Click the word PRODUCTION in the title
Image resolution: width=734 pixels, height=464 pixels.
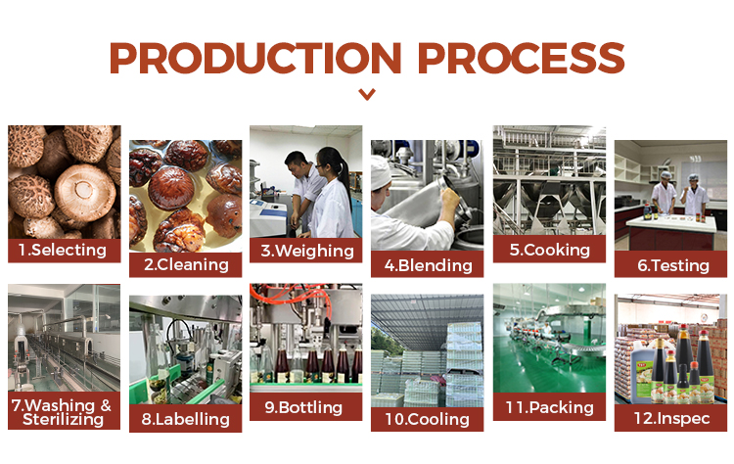(x=255, y=58)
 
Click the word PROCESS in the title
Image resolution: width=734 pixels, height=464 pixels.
(x=522, y=58)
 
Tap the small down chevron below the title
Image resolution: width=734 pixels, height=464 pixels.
(x=367, y=94)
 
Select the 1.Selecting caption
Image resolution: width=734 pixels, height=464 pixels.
(x=63, y=250)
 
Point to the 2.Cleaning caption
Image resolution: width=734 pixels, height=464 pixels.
(x=186, y=265)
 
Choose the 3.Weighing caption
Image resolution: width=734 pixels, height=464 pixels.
(x=307, y=251)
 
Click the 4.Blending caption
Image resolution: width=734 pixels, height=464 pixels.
(x=428, y=265)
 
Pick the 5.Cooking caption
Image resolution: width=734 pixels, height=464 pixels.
(x=550, y=250)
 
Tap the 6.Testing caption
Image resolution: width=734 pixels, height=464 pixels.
(x=672, y=265)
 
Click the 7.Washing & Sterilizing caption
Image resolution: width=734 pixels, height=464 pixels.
(x=62, y=412)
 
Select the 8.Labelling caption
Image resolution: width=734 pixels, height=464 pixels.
(x=185, y=419)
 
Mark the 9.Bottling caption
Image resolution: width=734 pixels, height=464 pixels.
(x=303, y=407)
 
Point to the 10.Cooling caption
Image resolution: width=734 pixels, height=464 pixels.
(x=427, y=419)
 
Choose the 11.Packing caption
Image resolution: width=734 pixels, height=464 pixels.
(x=550, y=407)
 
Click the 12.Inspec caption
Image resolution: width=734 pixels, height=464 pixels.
(x=671, y=418)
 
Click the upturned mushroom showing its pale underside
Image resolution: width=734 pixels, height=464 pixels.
(x=85, y=192)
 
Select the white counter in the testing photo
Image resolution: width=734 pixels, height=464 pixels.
(x=671, y=223)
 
